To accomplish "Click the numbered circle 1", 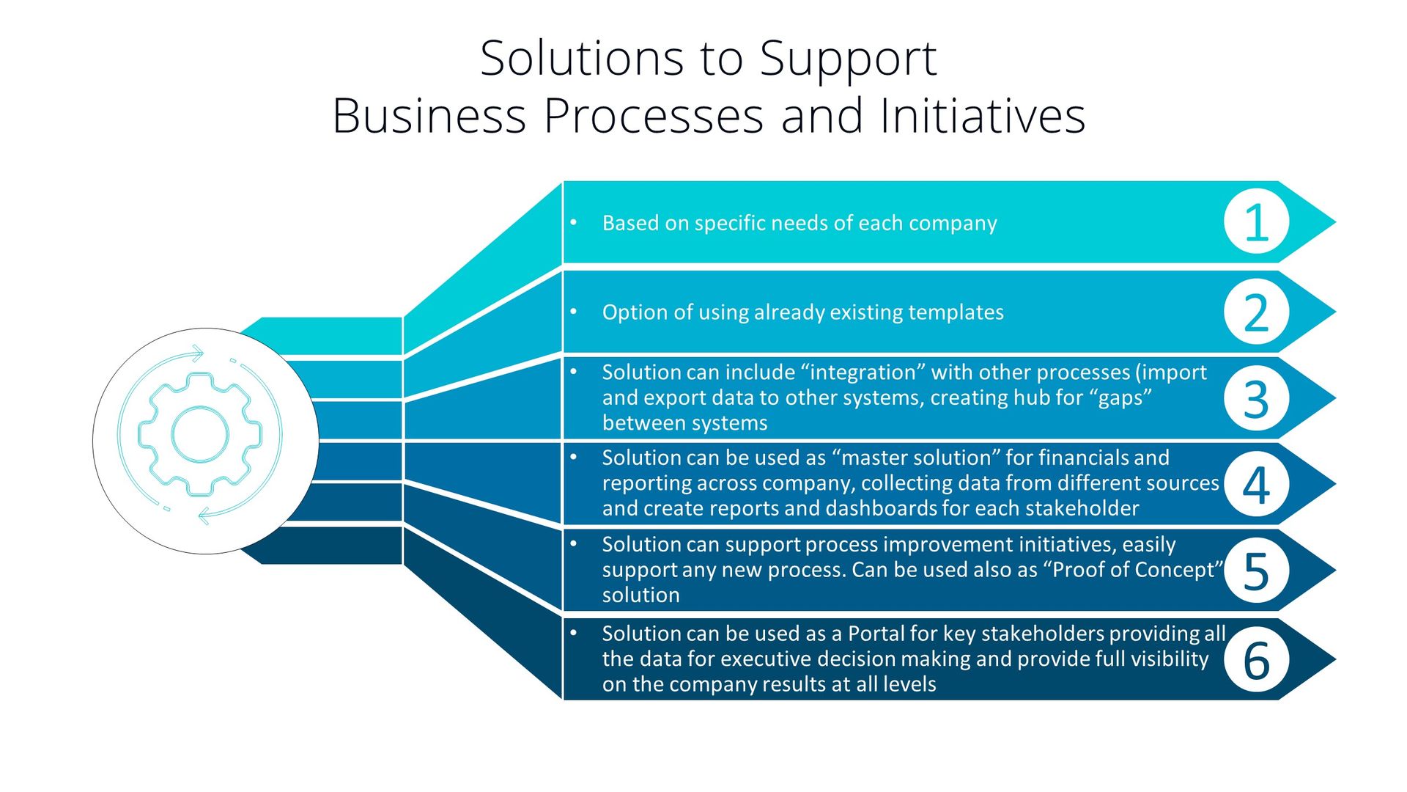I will point(1256,222).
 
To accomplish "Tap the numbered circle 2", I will point(1256,312).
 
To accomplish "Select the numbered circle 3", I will point(1256,399).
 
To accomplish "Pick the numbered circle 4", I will point(1256,485).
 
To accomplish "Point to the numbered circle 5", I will point(1256,571).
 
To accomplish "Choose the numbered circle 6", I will point(1256,659).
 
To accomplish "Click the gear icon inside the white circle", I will point(200,435).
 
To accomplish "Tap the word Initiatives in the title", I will point(982,116).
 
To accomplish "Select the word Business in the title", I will point(429,116).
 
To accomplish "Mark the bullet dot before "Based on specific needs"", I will point(574,221).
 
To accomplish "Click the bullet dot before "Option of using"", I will point(574,312).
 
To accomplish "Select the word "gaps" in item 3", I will point(1120,397).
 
